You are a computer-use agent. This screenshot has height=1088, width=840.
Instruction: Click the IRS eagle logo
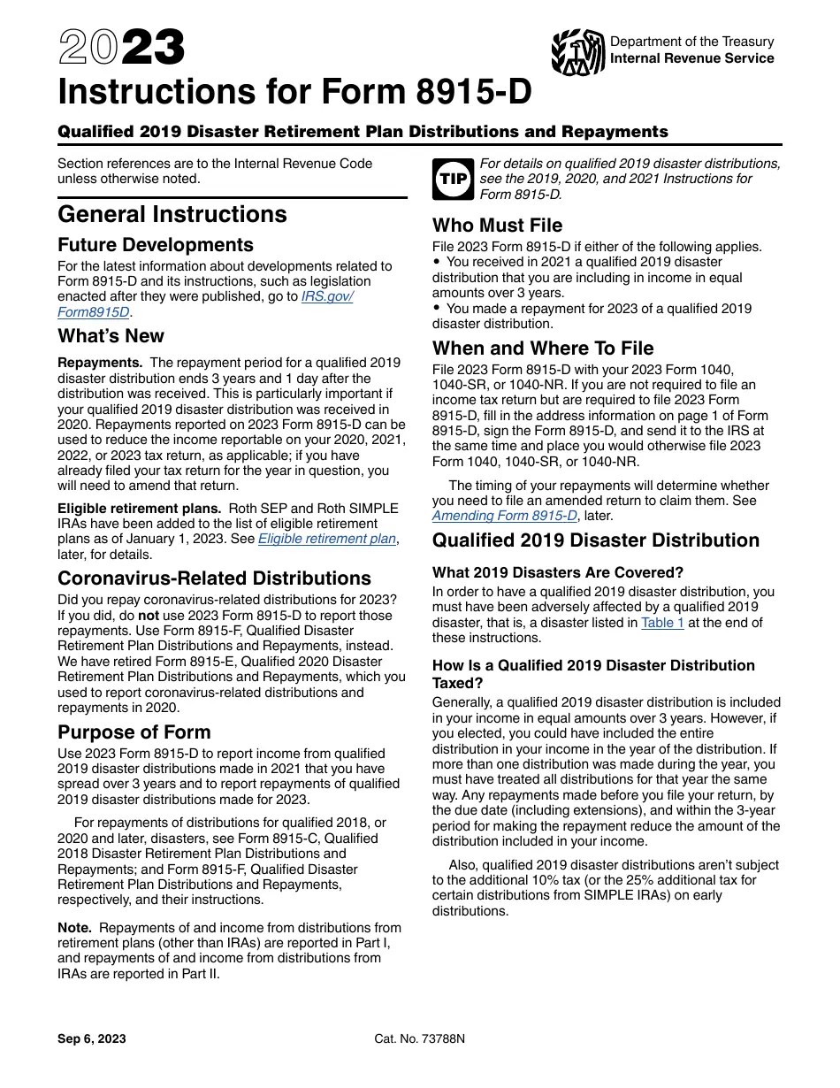pyautogui.click(x=577, y=52)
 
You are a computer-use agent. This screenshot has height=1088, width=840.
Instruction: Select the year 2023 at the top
pyautogui.click(x=121, y=49)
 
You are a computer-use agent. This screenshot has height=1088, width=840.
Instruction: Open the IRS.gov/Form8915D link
pyautogui.click(x=327, y=296)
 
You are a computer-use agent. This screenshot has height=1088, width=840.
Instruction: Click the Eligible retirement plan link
pyautogui.click(x=328, y=539)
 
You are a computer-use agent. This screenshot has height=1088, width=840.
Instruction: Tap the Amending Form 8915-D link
pyautogui.click(x=504, y=516)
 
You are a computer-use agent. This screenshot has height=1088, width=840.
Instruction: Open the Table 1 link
pyautogui.click(x=662, y=623)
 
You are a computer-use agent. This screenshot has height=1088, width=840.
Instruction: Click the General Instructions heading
pyautogui.click(x=172, y=215)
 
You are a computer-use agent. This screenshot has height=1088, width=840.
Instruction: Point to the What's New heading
pyautogui.click(x=111, y=336)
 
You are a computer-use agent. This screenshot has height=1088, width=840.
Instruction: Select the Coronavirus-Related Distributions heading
pyautogui.click(x=214, y=578)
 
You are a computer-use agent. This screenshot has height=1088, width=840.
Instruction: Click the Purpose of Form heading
pyautogui.click(x=134, y=732)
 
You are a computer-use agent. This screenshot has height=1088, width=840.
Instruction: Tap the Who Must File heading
pyautogui.click(x=497, y=226)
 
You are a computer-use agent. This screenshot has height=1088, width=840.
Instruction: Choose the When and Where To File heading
pyautogui.click(x=543, y=348)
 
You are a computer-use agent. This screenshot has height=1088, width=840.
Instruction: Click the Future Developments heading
pyautogui.click(x=156, y=245)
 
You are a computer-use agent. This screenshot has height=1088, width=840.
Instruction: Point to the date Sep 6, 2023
pyautogui.click(x=92, y=1039)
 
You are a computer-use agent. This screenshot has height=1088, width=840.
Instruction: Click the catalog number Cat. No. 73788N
pyautogui.click(x=419, y=1039)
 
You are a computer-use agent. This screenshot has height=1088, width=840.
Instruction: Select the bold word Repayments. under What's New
pyautogui.click(x=100, y=363)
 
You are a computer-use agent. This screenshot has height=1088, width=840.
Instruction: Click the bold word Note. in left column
pyautogui.click(x=74, y=928)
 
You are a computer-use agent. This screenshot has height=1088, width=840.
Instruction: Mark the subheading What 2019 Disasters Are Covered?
pyautogui.click(x=558, y=572)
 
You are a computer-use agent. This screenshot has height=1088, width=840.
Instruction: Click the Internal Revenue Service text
pyautogui.click(x=691, y=58)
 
